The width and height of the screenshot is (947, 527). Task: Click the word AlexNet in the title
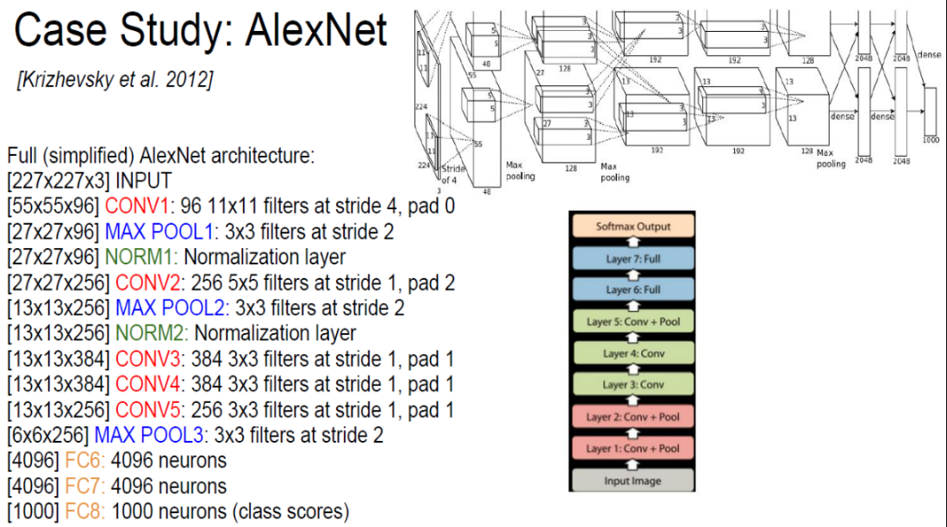coord(316,32)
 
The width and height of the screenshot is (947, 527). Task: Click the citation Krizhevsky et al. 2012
coord(115,81)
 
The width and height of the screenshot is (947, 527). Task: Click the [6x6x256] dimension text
coord(48,435)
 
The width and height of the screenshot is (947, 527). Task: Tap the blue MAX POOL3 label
coord(152,435)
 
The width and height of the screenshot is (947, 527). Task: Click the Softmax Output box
coord(632,226)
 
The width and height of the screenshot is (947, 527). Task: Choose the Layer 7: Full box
coord(632,258)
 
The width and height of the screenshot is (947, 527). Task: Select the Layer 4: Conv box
coord(632,353)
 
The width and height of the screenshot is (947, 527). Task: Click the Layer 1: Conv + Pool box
coord(632,448)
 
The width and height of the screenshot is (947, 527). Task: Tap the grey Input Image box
coord(632,480)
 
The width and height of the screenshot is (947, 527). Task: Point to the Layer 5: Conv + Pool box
coord(632,321)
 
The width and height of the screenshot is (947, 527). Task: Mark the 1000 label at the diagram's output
coord(931,139)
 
